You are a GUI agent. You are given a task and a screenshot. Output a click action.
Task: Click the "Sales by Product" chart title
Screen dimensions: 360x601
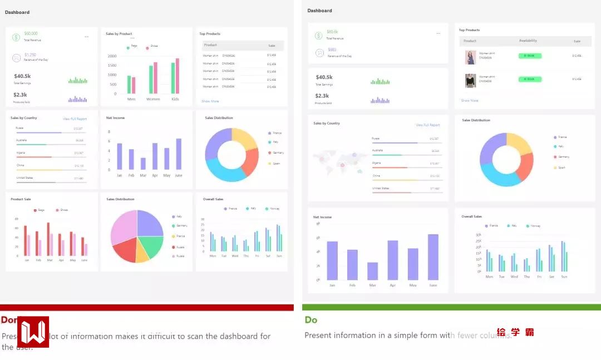[x=119, y=34]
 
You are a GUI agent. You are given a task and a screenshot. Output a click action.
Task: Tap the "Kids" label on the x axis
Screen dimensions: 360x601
[x=175, y=99]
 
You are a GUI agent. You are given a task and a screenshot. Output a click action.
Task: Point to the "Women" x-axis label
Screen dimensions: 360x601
[x=153, y=99]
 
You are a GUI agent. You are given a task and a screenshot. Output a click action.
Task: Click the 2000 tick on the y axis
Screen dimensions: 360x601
[x=112, y=56]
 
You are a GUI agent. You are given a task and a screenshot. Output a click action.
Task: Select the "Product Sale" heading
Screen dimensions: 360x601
[x=21, y=199]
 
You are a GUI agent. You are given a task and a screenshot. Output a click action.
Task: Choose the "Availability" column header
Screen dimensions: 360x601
[x=528, y=41]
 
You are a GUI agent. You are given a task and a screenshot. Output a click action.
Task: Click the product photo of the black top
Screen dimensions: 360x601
[x=471, y=80]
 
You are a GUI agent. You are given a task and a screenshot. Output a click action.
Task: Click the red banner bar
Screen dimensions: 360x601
[x=147, y=308]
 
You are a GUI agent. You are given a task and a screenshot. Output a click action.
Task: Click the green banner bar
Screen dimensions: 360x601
[x=451, y=307]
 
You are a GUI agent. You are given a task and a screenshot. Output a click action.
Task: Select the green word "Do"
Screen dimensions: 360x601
[x=311, y=320]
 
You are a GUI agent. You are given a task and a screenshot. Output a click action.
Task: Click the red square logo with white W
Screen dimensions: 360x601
[x=33, y=332]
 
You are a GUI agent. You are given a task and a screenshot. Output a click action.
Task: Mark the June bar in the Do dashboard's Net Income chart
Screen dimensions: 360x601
[x=433, y=257]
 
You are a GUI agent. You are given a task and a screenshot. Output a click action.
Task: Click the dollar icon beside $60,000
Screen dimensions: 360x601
[x=16, y=37]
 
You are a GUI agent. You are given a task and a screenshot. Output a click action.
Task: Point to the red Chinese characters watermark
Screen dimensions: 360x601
[x=515, y=332]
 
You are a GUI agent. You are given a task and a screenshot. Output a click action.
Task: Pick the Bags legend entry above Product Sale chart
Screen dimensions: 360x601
[x=40, y=210]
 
